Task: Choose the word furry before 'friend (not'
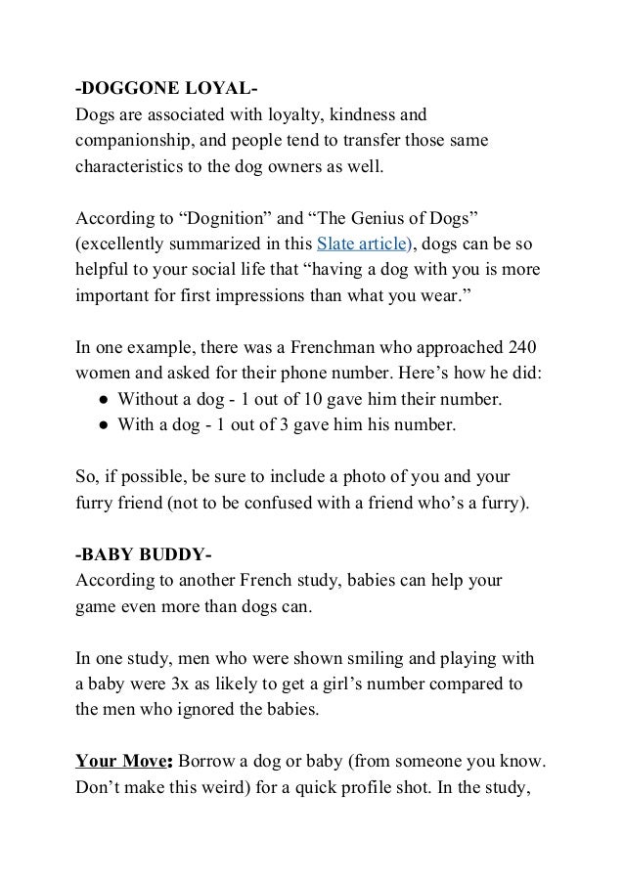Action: [x=96, y=505]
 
